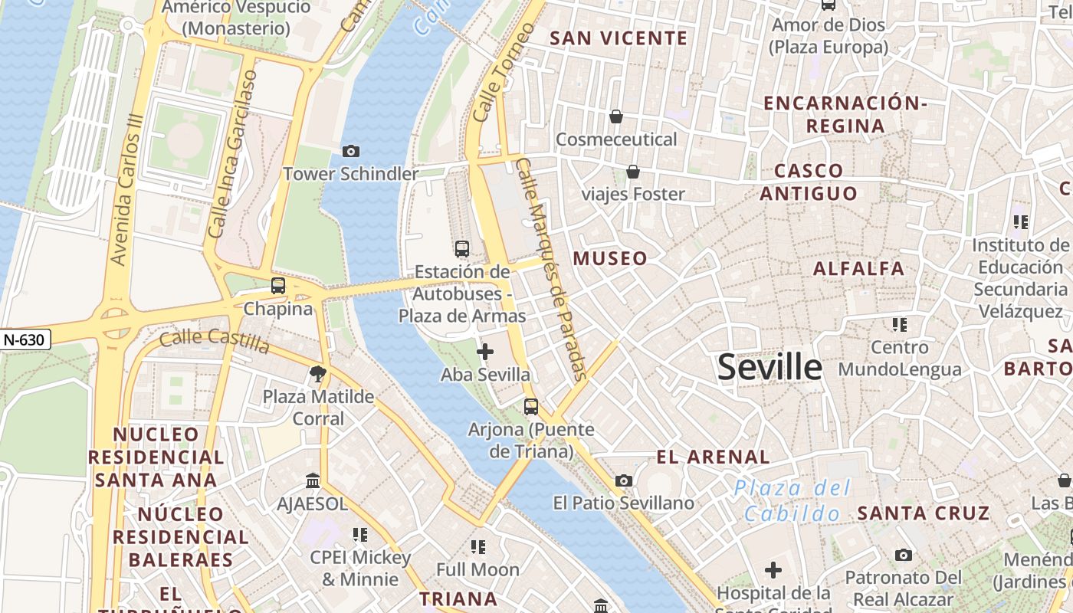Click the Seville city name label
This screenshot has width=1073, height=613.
[769, 368]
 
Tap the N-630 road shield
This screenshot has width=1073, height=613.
[24, 339]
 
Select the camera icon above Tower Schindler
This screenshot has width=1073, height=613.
[350, 152]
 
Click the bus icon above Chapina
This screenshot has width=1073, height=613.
[278, 286]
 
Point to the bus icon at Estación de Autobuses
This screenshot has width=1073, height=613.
[461, 248]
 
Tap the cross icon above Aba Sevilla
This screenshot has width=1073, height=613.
[484, 352]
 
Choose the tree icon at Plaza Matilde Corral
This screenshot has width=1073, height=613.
[317, 374]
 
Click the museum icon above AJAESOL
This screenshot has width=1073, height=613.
[313, 481]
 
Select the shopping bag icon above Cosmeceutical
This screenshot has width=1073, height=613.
[615, 116]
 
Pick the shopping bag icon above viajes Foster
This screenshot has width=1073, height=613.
[633, 172]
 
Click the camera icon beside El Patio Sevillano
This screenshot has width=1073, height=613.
[624, 480]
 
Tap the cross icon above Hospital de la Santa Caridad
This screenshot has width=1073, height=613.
[773, 570]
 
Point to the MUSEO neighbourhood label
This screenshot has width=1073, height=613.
[610, 258]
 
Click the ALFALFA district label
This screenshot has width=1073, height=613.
[858, 268]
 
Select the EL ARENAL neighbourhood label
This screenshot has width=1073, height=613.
[713, 457]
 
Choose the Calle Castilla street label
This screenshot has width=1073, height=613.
[215, 340]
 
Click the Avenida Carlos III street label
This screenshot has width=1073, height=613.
[127, 190]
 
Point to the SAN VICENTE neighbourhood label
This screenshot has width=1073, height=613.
[619, 38]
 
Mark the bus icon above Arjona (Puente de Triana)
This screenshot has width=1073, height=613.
[530, 406]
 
